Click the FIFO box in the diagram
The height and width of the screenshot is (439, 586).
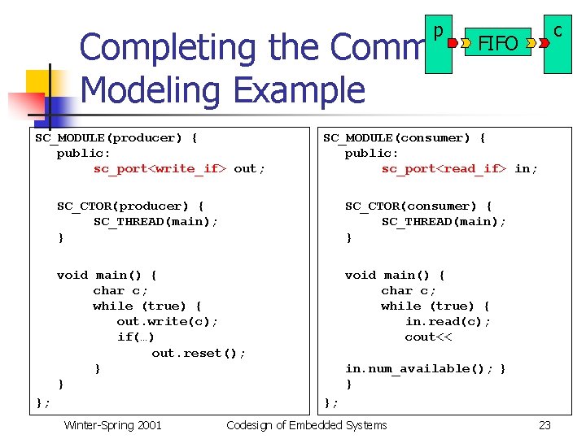(497, 42)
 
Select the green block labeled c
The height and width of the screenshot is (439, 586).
(558, 45)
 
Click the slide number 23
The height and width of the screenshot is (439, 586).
(544, 425)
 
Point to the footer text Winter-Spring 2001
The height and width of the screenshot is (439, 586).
(112, 425)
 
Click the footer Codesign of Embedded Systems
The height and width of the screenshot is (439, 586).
(306, 425)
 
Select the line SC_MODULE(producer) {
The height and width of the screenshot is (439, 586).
(116, 137)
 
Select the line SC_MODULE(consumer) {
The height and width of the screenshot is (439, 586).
(405, 137)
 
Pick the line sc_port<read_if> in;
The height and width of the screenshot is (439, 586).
(459, 169)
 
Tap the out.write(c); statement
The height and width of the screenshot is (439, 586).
(168, 322)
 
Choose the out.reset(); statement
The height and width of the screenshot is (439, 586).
(199, 353)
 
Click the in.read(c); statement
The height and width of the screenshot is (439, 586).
(448, 322)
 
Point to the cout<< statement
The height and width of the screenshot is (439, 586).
(428, 337)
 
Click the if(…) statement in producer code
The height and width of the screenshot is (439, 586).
(136, 337)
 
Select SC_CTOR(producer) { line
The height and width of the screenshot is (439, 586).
(130, 206)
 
